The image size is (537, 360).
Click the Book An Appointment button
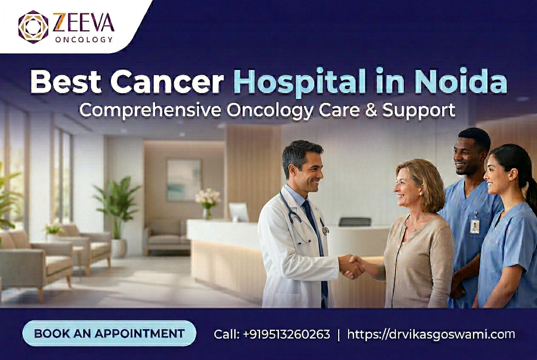point(109,333)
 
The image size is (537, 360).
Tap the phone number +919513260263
point(287,334)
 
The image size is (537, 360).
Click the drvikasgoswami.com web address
point(431,334)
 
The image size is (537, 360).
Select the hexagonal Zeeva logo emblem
point(33,27)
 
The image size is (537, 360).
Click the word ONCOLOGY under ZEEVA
point(84,39)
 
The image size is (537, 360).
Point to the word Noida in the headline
point(461,82)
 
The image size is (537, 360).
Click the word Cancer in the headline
point(167,82)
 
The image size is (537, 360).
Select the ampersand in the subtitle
point(371,111)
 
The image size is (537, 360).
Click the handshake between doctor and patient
point(351,267)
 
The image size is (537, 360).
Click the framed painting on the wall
point(184,180)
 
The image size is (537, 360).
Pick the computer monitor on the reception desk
point(239,212)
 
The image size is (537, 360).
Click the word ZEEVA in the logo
point(83,23)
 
